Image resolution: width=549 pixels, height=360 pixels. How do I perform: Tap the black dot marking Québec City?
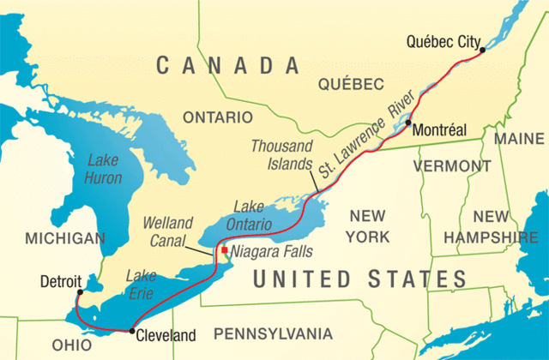483,51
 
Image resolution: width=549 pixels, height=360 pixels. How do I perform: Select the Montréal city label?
438,131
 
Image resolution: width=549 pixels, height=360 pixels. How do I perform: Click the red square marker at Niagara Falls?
225,250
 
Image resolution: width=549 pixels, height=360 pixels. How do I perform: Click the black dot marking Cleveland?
131,330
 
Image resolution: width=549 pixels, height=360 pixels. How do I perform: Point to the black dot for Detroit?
76,292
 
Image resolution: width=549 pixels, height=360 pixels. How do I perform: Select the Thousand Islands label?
282,154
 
